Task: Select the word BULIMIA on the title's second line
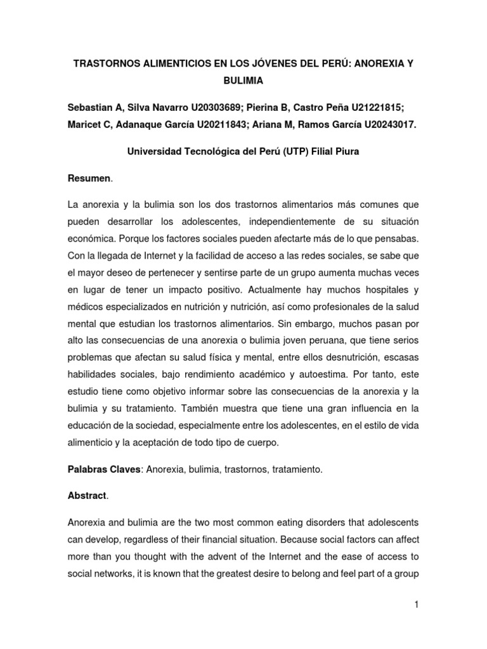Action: coord(243,81)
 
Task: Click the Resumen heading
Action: coord(89,180)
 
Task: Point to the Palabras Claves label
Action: coord(103,469)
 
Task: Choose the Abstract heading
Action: coord(87,496)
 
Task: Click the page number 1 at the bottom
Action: coord(417,605)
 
